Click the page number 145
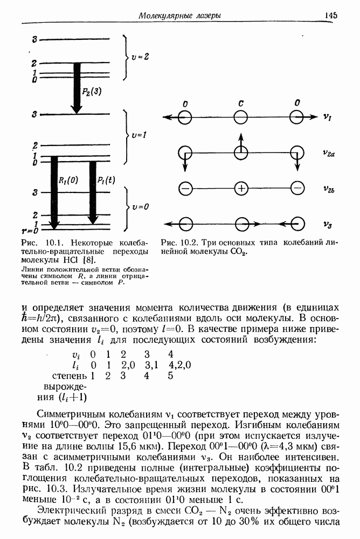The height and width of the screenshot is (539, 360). coord(331,15)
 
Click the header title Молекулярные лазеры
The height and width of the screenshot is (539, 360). coord(179,16)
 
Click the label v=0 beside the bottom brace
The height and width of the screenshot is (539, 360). coord(141,206)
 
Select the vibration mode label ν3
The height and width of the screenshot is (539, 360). coord(327,224)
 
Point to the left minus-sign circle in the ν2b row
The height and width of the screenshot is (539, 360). coord(185,189)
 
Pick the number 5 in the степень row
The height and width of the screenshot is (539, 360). coord(170,376)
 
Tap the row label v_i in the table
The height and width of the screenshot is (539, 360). coord(76,355)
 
